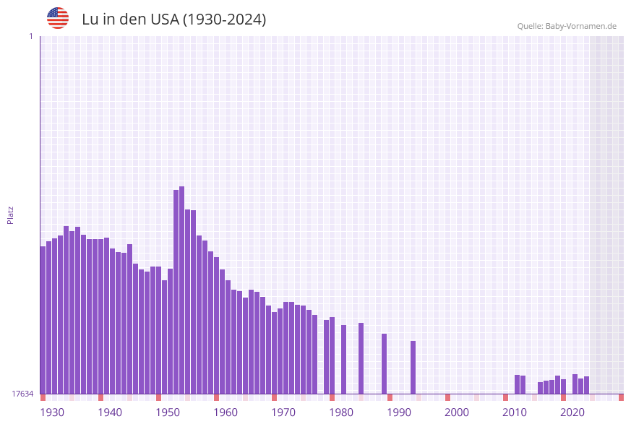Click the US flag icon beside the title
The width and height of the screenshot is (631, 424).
pos(58,18)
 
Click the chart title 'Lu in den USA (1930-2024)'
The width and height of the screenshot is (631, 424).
pos(173,20)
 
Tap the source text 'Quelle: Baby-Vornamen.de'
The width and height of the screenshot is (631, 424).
pos(566,26)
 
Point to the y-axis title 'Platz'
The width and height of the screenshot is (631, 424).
pos(11,215)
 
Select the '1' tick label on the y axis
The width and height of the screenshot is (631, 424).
pos(30,36)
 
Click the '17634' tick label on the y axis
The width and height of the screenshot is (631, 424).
pos(22,394)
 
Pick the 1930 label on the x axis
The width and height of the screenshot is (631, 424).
pos(52,412)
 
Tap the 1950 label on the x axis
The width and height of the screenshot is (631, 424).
pos(168,412)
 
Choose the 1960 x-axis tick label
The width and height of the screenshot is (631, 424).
pos(226,412)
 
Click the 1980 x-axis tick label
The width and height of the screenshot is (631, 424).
pos(341,412)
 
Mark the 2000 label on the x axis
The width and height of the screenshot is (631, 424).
pos(457,412)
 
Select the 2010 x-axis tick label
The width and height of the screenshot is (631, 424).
pos(515,412)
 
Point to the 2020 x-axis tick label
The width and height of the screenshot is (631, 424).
pos(572,412)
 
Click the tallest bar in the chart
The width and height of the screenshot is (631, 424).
pos(181,289)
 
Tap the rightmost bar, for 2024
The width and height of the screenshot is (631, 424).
pos(586,385)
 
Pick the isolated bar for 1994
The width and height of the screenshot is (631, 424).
pos(413,367)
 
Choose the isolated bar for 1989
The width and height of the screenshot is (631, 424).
pos(384,363)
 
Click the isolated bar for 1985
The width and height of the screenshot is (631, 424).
pos(361,358)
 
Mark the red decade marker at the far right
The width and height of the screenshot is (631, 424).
pos(621,397)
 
